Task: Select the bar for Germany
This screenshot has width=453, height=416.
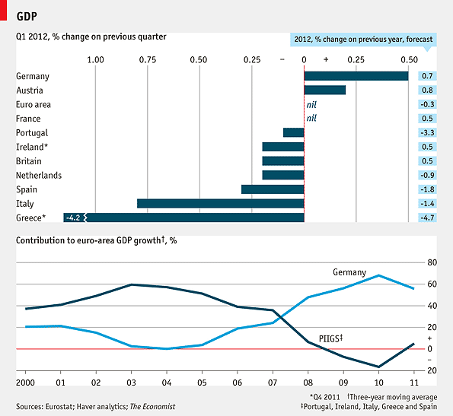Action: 356,76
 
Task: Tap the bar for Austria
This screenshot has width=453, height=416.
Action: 324,90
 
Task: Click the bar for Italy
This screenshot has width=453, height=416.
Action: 220,204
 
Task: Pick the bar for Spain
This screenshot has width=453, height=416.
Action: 272,189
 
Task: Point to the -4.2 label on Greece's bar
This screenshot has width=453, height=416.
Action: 73,218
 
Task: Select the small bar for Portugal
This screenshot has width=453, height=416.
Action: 293,132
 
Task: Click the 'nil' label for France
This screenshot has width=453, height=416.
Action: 311,118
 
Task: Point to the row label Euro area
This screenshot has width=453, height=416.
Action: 33,104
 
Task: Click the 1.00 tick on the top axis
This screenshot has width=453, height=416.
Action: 96,59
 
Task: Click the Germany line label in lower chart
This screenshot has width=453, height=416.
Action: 349,272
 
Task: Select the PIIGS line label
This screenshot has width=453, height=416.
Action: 331,337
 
